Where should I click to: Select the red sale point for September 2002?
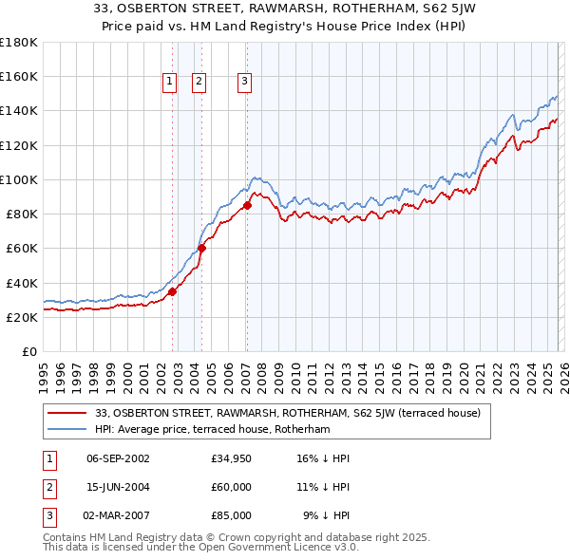pyautogui.click(x=172, y=292)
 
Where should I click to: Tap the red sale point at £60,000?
pyautogui.click(x=201, y=249)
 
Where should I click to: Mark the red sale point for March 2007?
pyautogui.click(x=247, y=205)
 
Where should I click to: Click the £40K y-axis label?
pyautogui.click(x=21, y=283)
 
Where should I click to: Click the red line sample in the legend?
pyautogui.click(x=67, y=413)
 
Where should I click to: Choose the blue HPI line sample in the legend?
pyautogui.click(x=67, y=429)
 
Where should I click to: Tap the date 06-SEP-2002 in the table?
pyautogui.click(x=118, y=458)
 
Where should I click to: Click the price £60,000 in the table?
pyautogui.click(x=232, y=487)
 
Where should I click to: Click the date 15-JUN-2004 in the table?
pyautogui.click(x=118, y=487)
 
